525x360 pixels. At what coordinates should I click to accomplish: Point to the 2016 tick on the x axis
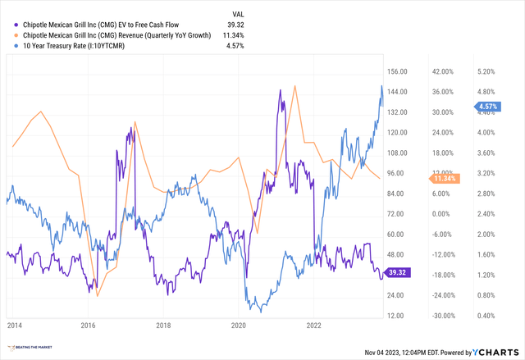click(x=87, y=324)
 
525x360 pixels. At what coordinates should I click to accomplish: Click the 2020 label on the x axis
click(x=238, y=324)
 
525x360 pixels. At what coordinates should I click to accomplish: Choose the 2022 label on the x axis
click(x=313, y=324)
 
